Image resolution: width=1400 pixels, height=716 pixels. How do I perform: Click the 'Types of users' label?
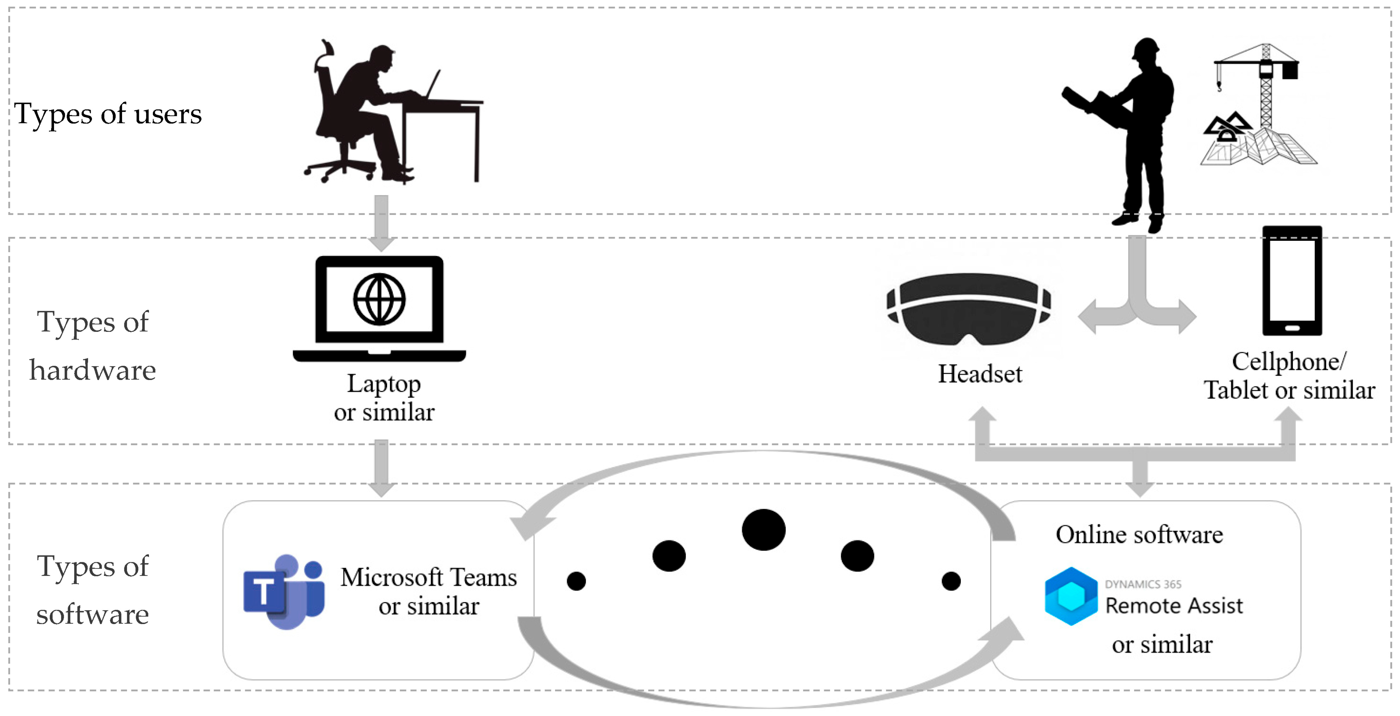pos(108,114)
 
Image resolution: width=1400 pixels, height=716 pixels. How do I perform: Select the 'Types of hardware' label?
pos(92,346)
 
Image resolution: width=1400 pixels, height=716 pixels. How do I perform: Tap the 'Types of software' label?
pos(92,590)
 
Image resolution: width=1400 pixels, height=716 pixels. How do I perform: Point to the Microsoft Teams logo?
pos(284,592)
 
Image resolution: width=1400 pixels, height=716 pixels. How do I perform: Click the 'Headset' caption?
pos(980,374)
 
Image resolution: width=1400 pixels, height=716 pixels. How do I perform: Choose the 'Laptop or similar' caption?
pos(384,398)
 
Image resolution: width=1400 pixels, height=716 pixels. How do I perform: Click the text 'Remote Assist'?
pos(1174,606)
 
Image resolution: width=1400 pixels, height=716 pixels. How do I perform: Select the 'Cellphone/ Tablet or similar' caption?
pos(1289,376)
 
